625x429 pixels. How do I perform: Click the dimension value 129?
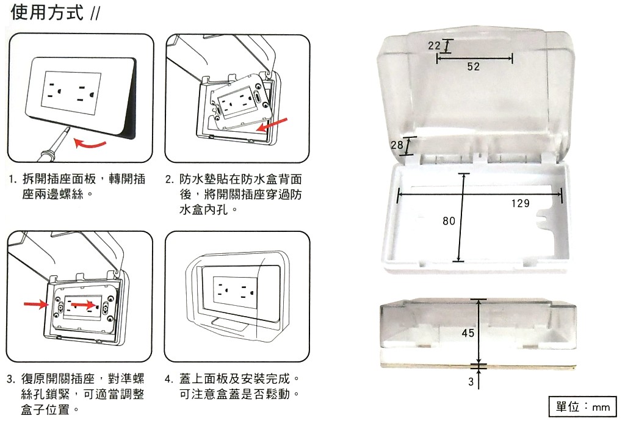coord(520,203)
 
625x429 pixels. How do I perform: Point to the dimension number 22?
coord(434,46)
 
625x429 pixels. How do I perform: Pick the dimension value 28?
coord(397,145)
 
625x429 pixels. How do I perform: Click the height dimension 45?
coord(468,333)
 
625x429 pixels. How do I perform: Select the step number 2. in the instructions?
coord(170,180)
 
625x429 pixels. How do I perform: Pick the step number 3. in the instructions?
coord(11,379)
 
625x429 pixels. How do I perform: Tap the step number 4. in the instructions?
coord(170,379)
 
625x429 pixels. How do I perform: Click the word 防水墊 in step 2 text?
coord(196,180)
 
